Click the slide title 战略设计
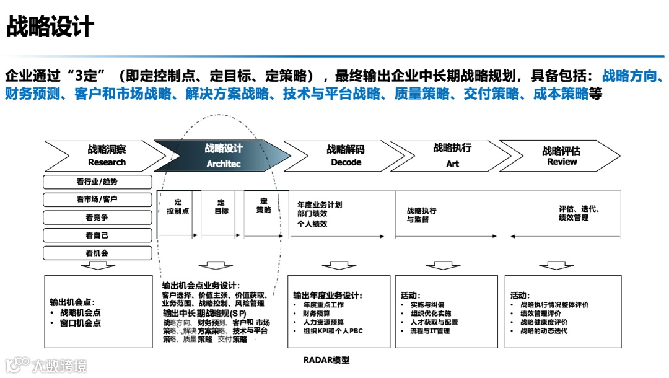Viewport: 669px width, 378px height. [50, 27]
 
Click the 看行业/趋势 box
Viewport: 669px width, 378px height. [97, 182]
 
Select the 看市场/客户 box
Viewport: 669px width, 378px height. [97, 200]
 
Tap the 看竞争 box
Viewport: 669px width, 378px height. [97, 218]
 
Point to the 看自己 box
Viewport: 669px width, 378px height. [97, 235]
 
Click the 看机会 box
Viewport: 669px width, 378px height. [97, 253]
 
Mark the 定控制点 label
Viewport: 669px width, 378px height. [178, 206]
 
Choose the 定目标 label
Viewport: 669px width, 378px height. [221, 206]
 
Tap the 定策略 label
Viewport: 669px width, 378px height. [264, 206]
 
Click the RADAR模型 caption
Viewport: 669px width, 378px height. [326, 360]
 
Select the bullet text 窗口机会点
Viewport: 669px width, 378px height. [80, 323]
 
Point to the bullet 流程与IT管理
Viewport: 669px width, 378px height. [430, 331]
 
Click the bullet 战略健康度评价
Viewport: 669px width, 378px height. [544, 322]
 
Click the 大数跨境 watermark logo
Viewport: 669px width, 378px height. [46, 366]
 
